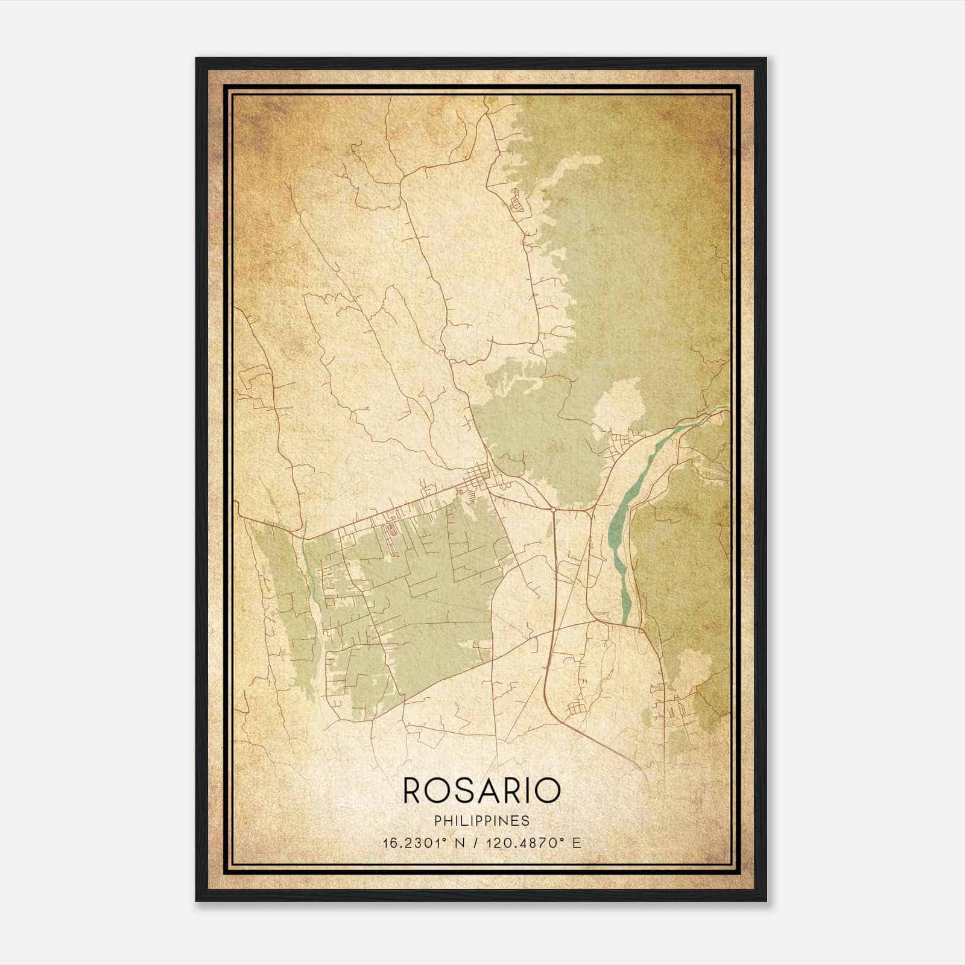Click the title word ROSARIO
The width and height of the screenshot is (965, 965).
click(x=481, y=790)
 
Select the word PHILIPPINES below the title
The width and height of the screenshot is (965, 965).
click(x=481, y=821)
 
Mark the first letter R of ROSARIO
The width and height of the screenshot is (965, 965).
click(x=413, y=790)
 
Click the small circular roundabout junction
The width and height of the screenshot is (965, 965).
click(x=552, y=510)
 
